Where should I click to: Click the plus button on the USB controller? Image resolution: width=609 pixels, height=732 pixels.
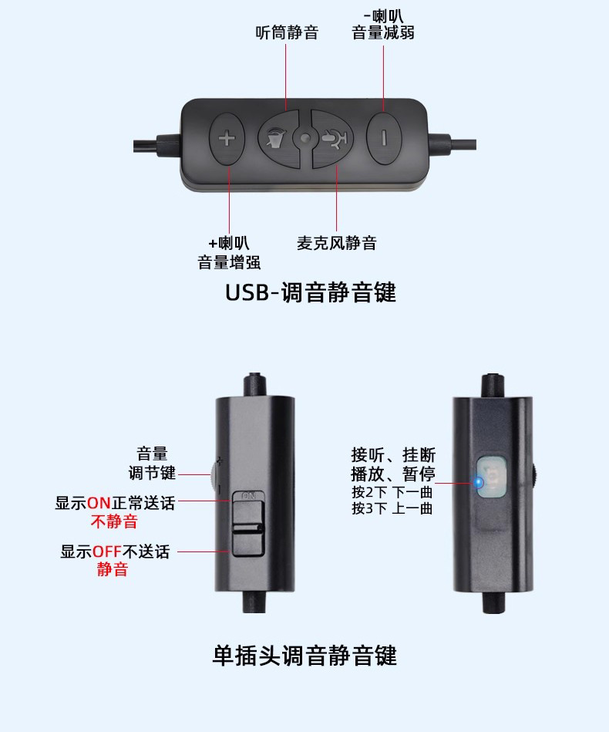tap(227, 140)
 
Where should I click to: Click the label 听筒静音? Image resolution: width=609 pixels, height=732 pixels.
tap(287, 32)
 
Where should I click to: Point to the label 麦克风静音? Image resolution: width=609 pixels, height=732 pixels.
tap(337, 243)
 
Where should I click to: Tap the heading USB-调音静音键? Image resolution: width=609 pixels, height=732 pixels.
tap(311, 293)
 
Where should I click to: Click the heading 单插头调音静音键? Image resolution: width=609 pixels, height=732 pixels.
tap(304, 656)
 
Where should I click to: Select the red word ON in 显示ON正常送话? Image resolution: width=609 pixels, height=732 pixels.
tap(99, 504)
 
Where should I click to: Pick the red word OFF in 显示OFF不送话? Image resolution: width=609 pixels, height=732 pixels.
tap(107, 552)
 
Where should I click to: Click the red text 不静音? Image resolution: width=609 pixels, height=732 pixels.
tap(114, 521)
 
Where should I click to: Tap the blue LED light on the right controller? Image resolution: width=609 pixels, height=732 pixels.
tap(478, 483)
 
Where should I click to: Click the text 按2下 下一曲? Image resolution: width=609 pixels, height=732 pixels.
tap(392, 492)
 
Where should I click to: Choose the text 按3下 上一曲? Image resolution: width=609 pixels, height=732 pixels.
tap(392, 509)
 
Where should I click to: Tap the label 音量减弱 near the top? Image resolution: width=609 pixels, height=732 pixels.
tap(383, 32)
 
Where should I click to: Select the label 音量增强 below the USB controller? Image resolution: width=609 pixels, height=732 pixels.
tap(229, 262)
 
